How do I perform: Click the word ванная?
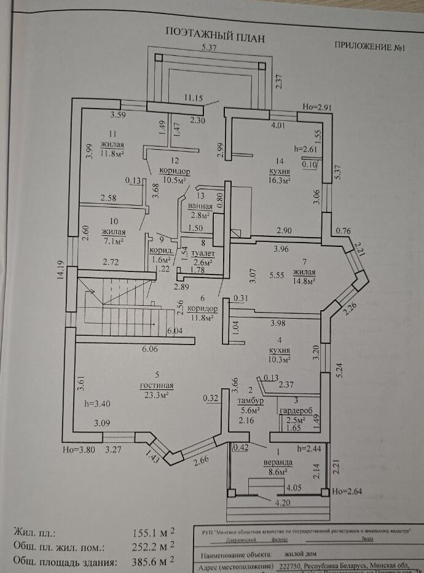(x=200, y=207)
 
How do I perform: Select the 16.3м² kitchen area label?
(x=279, y=181)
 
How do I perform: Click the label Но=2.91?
(x=317, y=107)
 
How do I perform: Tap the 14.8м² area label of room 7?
(x=304, y=281)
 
